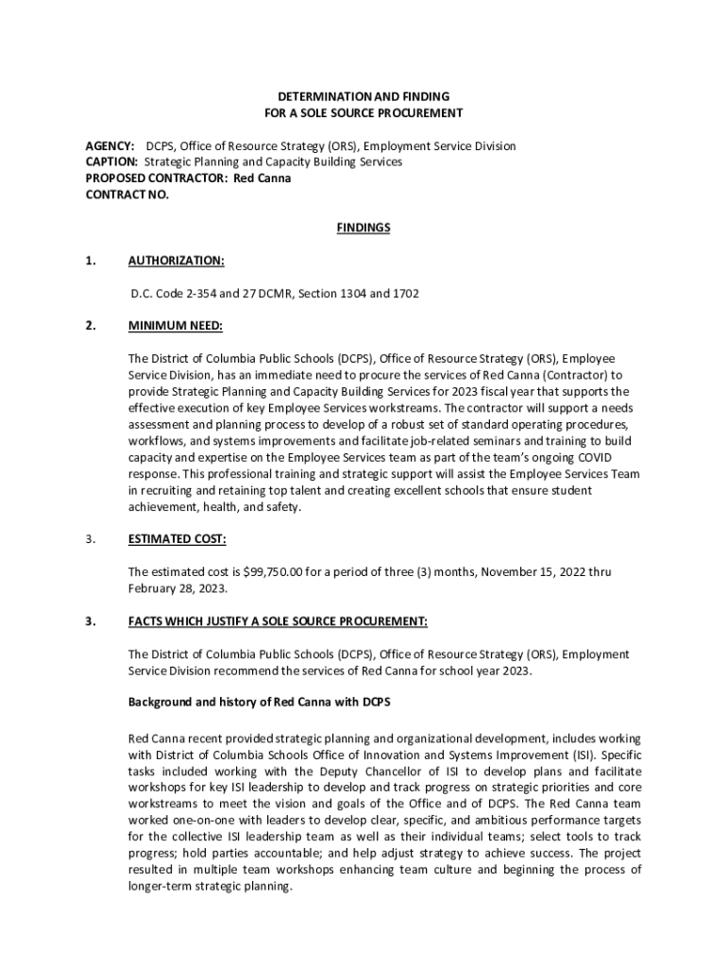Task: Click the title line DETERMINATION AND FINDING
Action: point(363,96)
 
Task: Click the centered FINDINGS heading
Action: point(363,228)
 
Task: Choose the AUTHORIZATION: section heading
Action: point(176,261)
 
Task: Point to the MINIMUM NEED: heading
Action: point(175,326)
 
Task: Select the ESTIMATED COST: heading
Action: point(177,539)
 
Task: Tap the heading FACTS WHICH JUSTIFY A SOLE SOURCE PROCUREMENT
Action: point(278,621)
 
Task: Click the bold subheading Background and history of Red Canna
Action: point(259,703)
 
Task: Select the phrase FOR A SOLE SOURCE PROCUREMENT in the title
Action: point(363,113)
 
